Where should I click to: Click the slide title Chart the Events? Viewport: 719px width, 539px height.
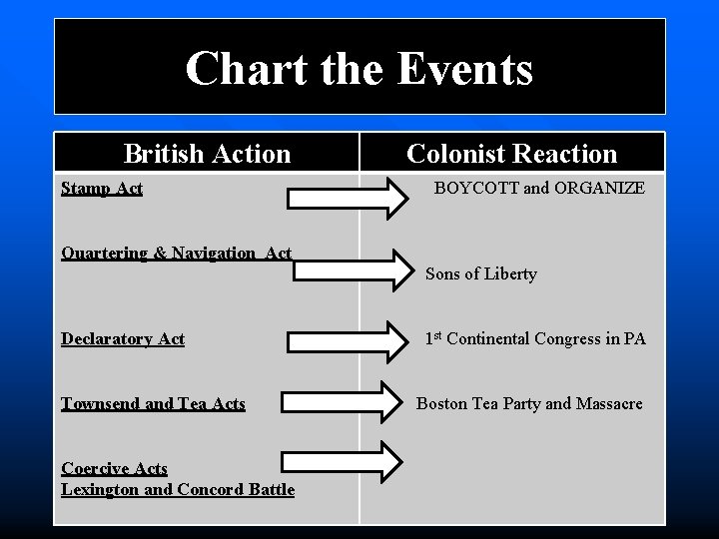(x=359, y=69)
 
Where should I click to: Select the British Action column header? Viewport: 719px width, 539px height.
(x=207, y=154)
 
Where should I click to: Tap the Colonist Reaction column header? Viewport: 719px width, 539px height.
(x=511, y=154)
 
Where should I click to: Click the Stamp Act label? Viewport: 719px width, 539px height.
(x=102, y=188)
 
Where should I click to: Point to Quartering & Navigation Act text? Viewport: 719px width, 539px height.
(x=177, y=253)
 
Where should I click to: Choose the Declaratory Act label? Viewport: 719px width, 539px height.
(x=123, y=339)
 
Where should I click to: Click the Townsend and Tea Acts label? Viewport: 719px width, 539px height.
(x=153, y=403)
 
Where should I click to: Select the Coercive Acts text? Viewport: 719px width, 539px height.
(x=114, y=468)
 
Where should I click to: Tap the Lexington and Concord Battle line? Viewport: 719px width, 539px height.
(x=178, y=489)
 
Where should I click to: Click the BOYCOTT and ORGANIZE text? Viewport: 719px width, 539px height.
(x=539, y=188)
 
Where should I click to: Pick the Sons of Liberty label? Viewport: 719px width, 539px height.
(x=481, y=273)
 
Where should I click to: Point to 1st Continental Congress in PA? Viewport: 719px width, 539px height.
(x=535, y=339)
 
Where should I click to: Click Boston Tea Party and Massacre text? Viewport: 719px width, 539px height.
(x=529, y=403)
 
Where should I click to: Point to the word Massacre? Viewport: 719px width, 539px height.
(x=604, y=403)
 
